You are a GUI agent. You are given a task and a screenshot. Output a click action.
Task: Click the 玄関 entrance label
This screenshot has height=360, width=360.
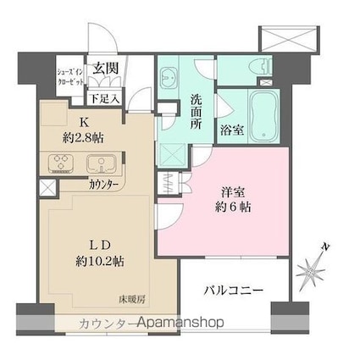pyautogui.click(x=106, y=69)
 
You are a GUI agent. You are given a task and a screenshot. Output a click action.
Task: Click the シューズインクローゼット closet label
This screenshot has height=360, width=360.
pyautogui.click(x=69, y=78)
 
